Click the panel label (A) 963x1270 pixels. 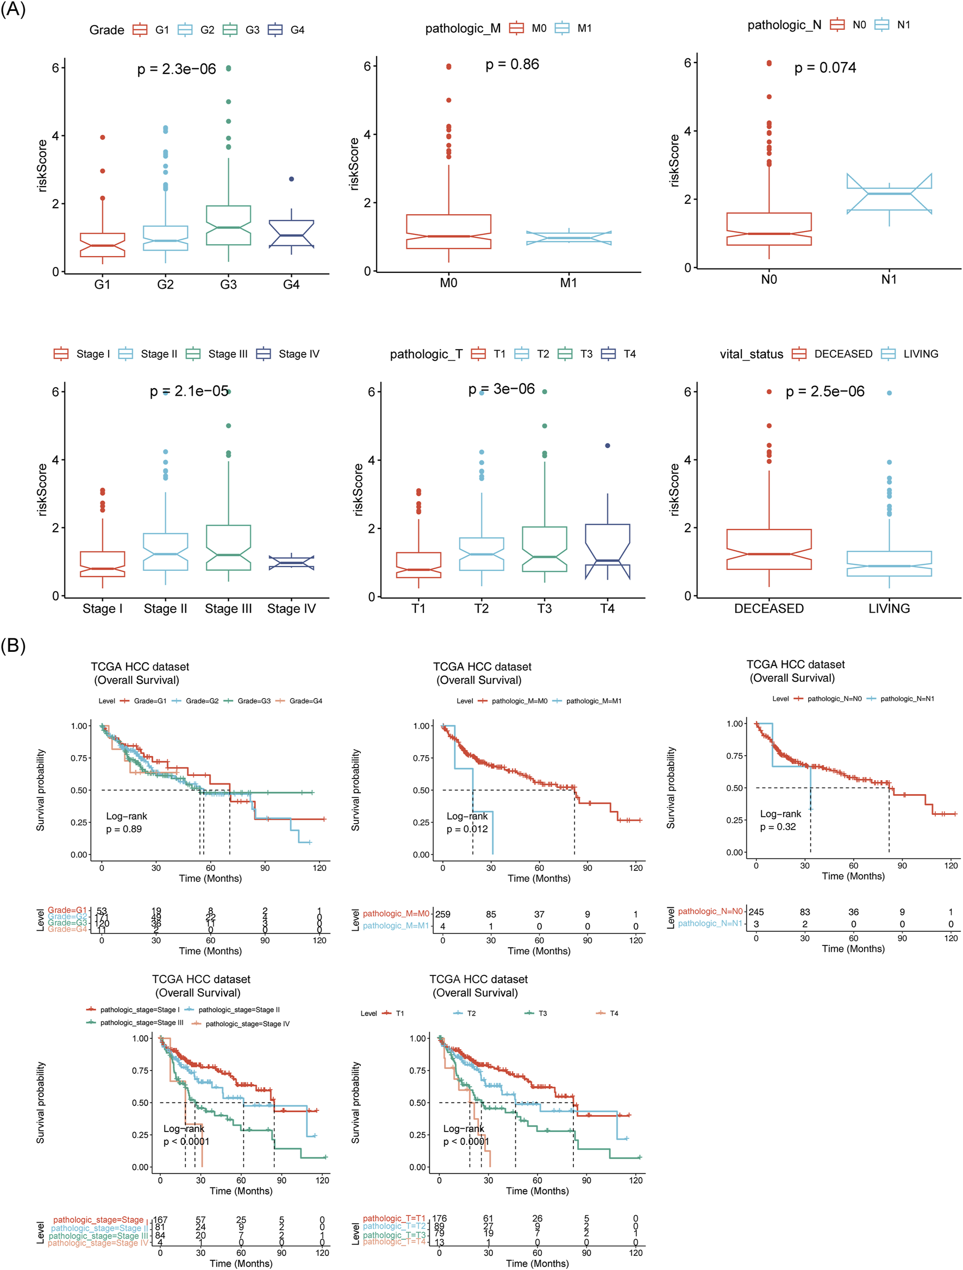coord(12,10)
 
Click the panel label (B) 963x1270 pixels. coord(12,645)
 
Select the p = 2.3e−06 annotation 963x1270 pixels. coord(176,70)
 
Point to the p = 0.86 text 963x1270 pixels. coord(512,64)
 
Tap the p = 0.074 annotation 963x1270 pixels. coord(824,68)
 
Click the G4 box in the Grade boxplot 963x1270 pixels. coord(291,234)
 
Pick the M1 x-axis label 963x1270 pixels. coord(568,283)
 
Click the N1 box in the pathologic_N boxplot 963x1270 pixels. coord(889,194)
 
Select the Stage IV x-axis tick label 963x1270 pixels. coord(291,608)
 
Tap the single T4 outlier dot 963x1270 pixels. coord(607,446)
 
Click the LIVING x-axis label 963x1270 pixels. coord(889,608)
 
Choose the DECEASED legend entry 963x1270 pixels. coord(832,354)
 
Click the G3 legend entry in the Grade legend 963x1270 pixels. coord(242,30)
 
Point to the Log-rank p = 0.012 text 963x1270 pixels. coord(467,823)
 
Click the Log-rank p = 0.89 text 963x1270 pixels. coord(126,823)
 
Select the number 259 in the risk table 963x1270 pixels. coord(442,914)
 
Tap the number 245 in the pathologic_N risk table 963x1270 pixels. coord(756,912)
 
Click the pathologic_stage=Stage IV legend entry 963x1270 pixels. coord(241,1024)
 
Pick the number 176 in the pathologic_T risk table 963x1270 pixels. coord(439,1218)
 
